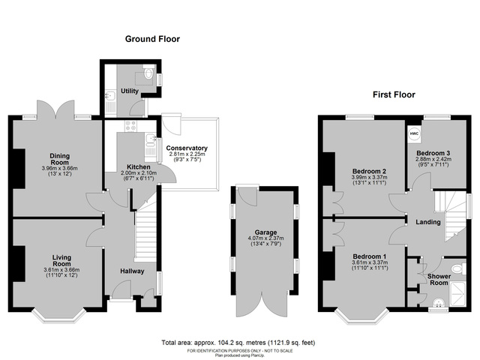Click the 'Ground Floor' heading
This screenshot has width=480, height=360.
tap(152, 39)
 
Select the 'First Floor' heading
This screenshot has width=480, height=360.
tap(394, 95)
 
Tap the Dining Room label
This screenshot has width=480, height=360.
tap(59, 159)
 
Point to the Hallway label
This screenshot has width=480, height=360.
tap(133, 271)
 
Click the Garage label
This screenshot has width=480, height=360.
tap(266, 232)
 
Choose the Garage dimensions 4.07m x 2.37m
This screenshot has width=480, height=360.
tap(266, 239)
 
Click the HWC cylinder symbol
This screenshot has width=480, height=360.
tap(413, 135)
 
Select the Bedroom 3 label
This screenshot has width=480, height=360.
tap(432, 154)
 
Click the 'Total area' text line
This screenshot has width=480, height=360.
tap(238, 342)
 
